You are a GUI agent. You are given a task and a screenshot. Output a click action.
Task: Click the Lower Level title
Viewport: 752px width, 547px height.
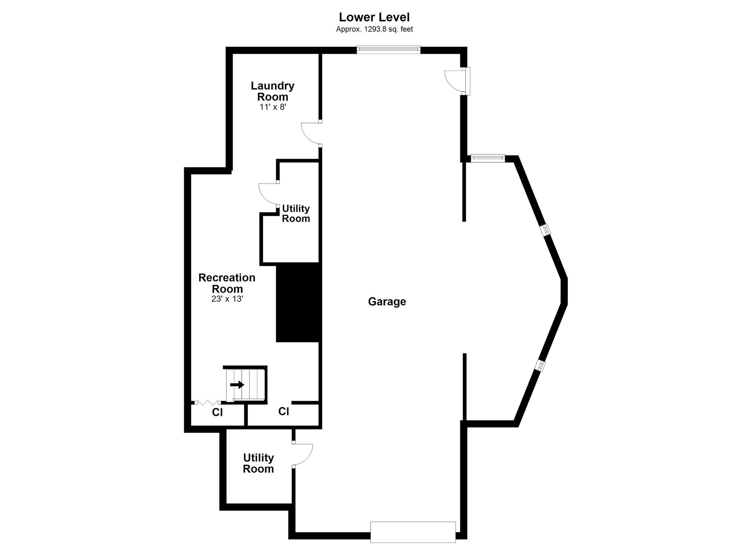pos(374,17)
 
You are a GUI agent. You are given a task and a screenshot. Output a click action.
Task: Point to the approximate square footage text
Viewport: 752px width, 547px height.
pos(374,29)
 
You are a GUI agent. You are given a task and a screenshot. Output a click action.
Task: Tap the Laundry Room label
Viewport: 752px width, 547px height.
pos(273,91)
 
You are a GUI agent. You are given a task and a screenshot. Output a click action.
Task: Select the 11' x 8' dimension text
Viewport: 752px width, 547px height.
pos(273,107)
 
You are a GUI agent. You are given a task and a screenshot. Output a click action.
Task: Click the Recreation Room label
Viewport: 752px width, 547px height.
pos(227,283)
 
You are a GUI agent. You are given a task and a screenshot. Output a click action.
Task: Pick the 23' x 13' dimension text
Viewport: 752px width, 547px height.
pos(227,299)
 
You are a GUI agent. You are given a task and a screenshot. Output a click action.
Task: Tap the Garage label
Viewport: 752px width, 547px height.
pos(387,301)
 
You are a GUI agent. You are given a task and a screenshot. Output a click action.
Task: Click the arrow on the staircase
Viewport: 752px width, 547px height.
pos(237,385)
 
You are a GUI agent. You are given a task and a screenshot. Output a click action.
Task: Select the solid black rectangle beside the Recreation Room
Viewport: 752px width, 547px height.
pos(297,302)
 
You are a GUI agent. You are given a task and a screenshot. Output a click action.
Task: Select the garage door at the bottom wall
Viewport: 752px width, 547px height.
pos(413,532)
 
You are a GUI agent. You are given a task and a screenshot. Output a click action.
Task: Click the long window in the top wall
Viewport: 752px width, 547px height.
pos(389,49)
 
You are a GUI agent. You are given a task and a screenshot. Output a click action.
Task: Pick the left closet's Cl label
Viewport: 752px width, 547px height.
pos(217,412)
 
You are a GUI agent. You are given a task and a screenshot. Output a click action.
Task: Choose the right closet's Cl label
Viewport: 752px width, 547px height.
pos(284,411)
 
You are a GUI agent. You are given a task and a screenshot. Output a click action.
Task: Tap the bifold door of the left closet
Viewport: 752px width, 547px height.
pos(208,402)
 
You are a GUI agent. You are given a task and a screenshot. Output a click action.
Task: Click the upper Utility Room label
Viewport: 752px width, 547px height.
pos(296,214)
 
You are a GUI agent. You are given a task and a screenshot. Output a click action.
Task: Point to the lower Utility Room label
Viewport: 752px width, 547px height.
pos(258,463)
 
